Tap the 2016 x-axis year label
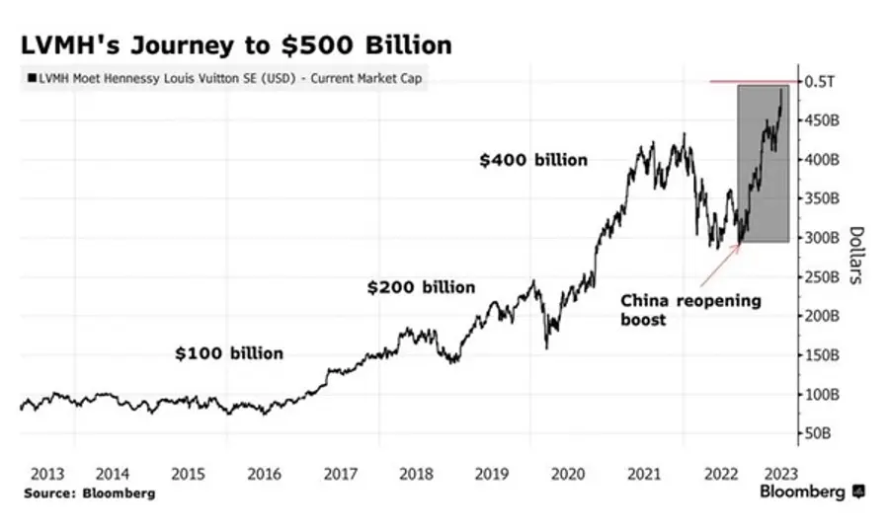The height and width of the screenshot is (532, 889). click(x=264, y=473)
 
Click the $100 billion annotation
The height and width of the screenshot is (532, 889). click(x=229, y=353)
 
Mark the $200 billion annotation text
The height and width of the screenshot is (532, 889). click(x=421, y=287)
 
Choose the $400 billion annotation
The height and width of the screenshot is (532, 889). click(x=533, y=160)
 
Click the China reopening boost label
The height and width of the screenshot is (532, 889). click(x=690, y=310)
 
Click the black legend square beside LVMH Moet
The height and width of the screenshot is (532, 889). click(x=34, y=78)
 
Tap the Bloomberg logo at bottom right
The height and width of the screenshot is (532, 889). click(x=810, y=492)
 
